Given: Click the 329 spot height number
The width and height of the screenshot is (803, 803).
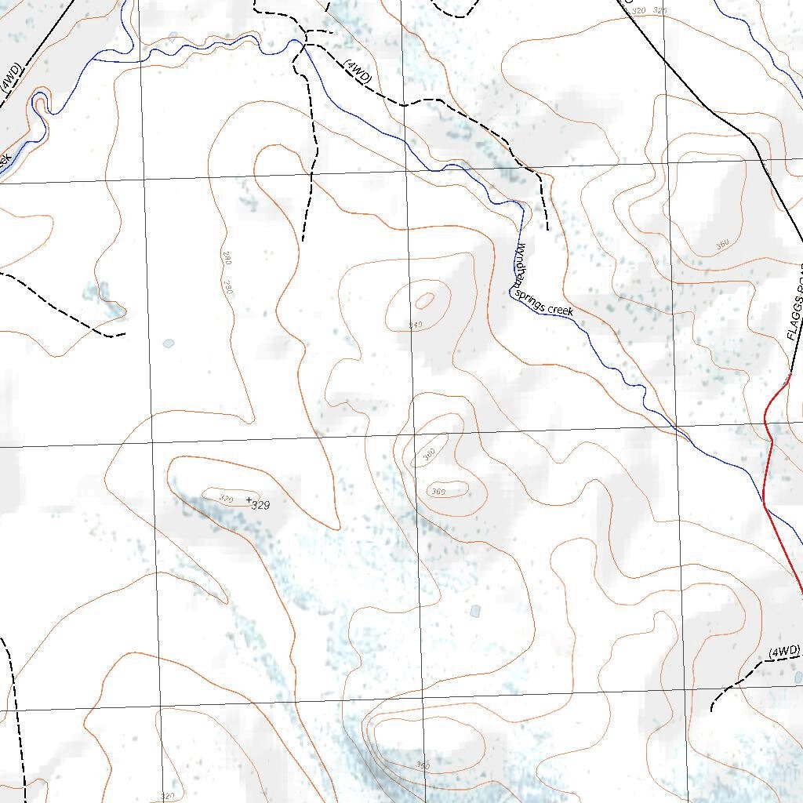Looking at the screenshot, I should point(261,506).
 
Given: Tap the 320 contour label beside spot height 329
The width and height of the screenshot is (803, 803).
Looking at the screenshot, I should point(227,498).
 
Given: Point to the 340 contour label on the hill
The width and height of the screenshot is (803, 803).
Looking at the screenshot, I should point(416,324).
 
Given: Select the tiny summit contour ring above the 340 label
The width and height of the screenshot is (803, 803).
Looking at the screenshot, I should point(425,300).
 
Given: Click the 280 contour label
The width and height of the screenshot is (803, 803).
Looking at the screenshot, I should point(219,258).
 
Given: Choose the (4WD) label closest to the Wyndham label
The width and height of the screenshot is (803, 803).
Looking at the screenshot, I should point(357,71).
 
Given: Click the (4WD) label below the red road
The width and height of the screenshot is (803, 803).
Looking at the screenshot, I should point(783,652).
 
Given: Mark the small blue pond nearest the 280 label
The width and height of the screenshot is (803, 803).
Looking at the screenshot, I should point(169,343).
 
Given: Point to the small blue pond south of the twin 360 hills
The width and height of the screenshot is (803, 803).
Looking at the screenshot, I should point(474,610).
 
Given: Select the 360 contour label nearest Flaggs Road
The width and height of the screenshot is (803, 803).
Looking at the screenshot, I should point(722,245).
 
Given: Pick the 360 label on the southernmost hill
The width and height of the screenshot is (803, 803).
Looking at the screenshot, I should point(423,765).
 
